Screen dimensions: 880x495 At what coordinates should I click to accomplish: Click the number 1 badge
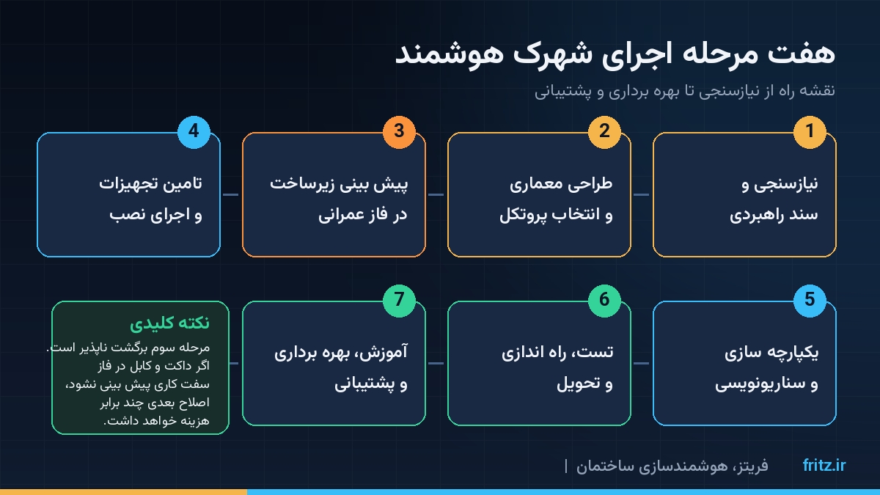pyautogui.click(x=810, y=132)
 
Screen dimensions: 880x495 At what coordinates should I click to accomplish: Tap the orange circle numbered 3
pyautogui.click(x=399, y=132)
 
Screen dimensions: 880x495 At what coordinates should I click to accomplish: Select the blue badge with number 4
pyautogui.click(x=194, y=132)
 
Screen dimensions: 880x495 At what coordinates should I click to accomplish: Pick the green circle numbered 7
pyautogui.click(x=399, y=301)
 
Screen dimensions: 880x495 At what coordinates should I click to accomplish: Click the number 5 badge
pyautogui.click(x=810, y=301)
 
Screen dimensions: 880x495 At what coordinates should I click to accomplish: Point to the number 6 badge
pyautogui.click(x=604, y=301)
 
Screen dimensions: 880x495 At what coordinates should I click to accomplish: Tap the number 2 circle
pyautogui.click(x=604, y=132)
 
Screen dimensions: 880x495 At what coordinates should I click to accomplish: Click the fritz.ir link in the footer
pyautogui.click(x=824, y=465)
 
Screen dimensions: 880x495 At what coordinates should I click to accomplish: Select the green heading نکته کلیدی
pyautogui.click(x=169, y=323)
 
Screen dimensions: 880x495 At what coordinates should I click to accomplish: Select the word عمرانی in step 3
pyautogui.click(x=342, y=216)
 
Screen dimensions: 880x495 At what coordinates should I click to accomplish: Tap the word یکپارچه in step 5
pyautogui.click(x=791, y=353)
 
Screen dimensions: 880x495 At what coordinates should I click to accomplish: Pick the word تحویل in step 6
pyautogui.click(x=579, y=384)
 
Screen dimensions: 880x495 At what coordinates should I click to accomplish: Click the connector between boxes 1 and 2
pyautogui.click(x=642, y=194)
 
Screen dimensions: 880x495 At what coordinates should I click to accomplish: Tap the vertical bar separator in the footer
pyautogui.click(x=565, y=466)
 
